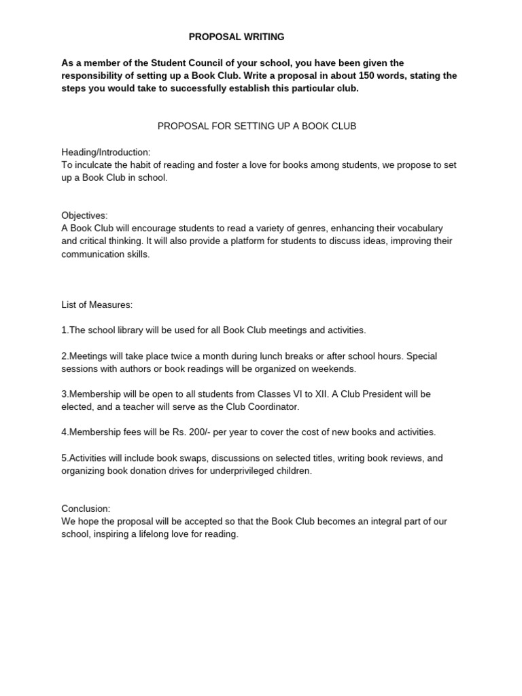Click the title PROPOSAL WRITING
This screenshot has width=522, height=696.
coord(237,36)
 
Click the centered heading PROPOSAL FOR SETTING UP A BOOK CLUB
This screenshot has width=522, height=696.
coord(257,126)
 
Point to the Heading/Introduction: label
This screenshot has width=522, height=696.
coord(106,152)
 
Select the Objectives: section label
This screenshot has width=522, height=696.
coord(84,215)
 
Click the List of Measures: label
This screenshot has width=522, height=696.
coord(96,305)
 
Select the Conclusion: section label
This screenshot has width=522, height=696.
coord(86,509)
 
